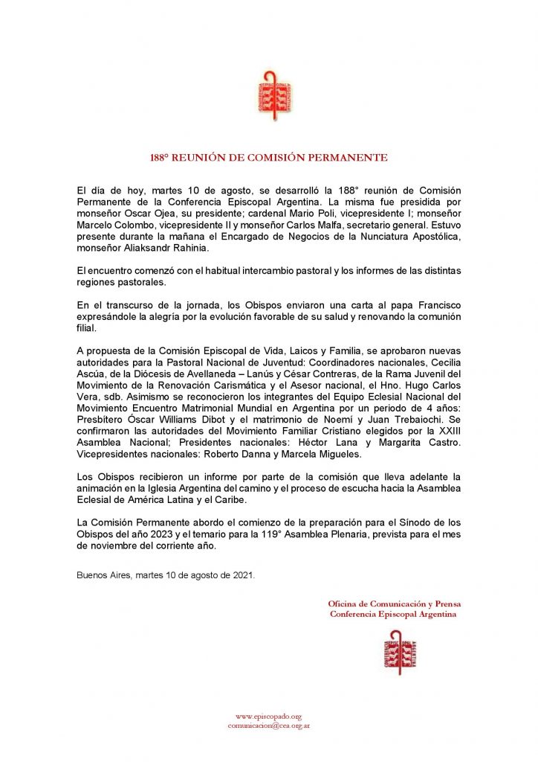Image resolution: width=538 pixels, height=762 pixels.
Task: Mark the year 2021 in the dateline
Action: click(240, 575)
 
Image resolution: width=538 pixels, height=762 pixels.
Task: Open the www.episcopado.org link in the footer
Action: click(268, 715)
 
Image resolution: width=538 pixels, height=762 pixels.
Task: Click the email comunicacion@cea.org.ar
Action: click(268, 725)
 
